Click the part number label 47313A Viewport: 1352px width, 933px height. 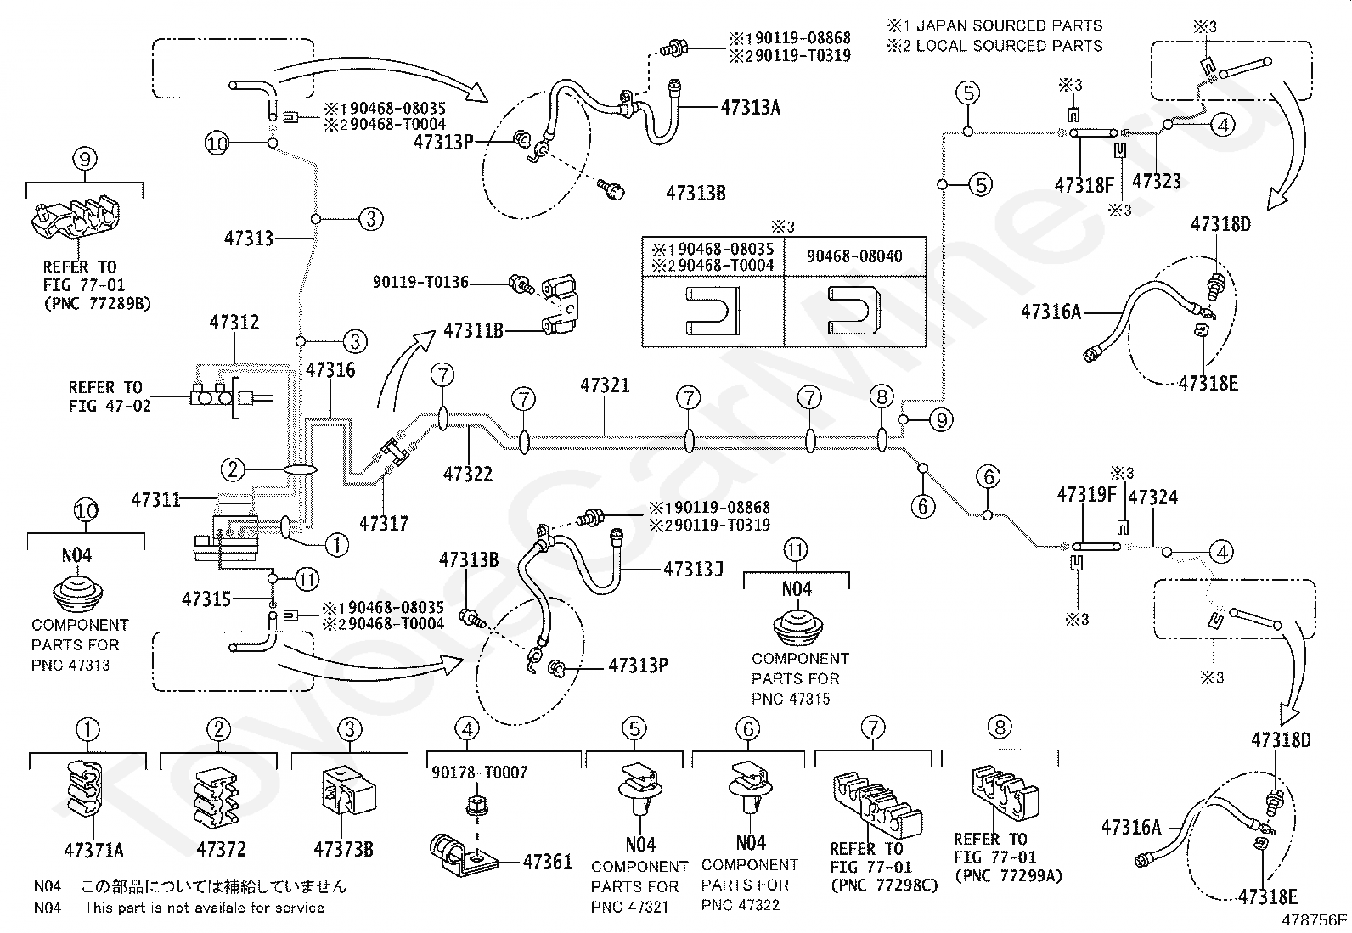pyautogui.click(x=750, y=108)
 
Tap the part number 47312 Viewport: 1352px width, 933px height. pyautogui.click(x=234, y=323)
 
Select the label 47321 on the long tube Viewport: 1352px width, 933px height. pyautogui.click(x=605, y=385)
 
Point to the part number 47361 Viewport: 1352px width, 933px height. pyautogui.click(x=548, y=862)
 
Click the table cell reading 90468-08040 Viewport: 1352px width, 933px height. pyautogui.click(x=854, y=256)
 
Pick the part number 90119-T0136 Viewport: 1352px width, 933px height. pyautogui.click(x=420, y=282)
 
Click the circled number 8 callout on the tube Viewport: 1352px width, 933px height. pyautogui.click(x=882, y=397)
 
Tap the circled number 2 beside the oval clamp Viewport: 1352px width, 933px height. pyautogui.click(x=233, y=469)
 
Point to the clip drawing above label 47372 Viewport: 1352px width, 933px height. pyautogui.click(x=216, y=798)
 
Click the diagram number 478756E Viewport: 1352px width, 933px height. pyautogui.click(x=1315, y=919)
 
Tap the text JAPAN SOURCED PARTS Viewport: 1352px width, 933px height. pyautogui.click(x=1009, y=26)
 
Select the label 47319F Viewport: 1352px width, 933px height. pyautogui.click(x=1086, y=495)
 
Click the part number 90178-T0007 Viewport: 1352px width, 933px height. pyautogui.click(x=479, y=773)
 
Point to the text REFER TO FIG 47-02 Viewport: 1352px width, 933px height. pyautogui.click(x=110, y=396)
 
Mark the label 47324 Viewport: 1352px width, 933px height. pyautogui.click(x=1152, y=497)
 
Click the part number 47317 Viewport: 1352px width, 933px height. pyautogui.click(x=384, y=523)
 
